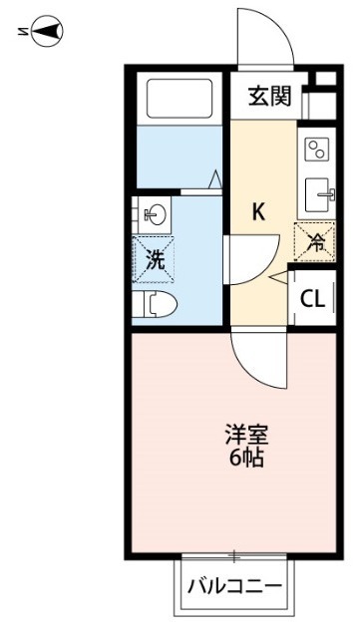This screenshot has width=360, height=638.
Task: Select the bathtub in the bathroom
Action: (180, 99)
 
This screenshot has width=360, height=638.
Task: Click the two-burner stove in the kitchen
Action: (315, 149)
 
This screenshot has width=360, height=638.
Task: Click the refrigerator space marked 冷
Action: (312, 240)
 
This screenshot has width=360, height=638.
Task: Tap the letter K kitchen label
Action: (257, 212)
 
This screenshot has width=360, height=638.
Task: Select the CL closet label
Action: (311, 297)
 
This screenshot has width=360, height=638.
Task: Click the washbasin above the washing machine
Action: (156, 212)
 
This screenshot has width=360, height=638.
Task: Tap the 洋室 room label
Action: (247, 437)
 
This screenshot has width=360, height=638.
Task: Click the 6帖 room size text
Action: (247, 461)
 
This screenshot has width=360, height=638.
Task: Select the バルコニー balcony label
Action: (235, 585)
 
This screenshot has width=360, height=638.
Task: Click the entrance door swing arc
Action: (263, 38)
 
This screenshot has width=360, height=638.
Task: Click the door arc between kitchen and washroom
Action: (249, 261)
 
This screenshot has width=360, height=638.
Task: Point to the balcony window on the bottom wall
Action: (234, 555)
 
